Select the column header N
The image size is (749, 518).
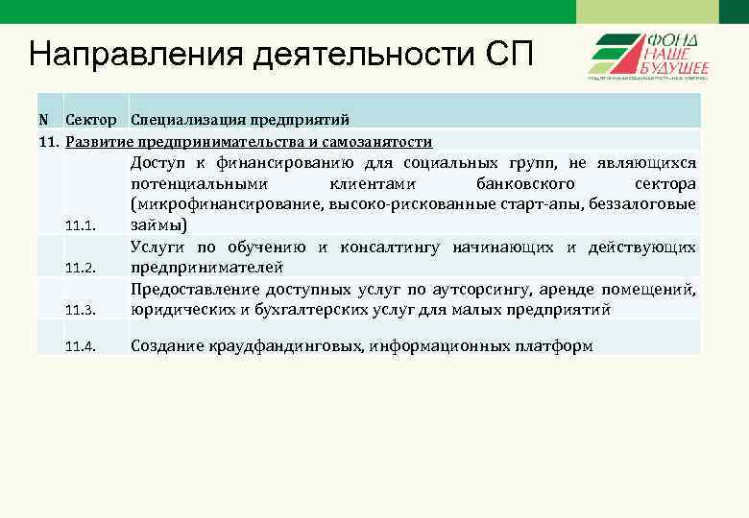coord(43,120)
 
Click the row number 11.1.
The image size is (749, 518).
coord(81,226)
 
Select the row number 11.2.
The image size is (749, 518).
coord(81,268)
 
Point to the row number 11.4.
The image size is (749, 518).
coord(81,345)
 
